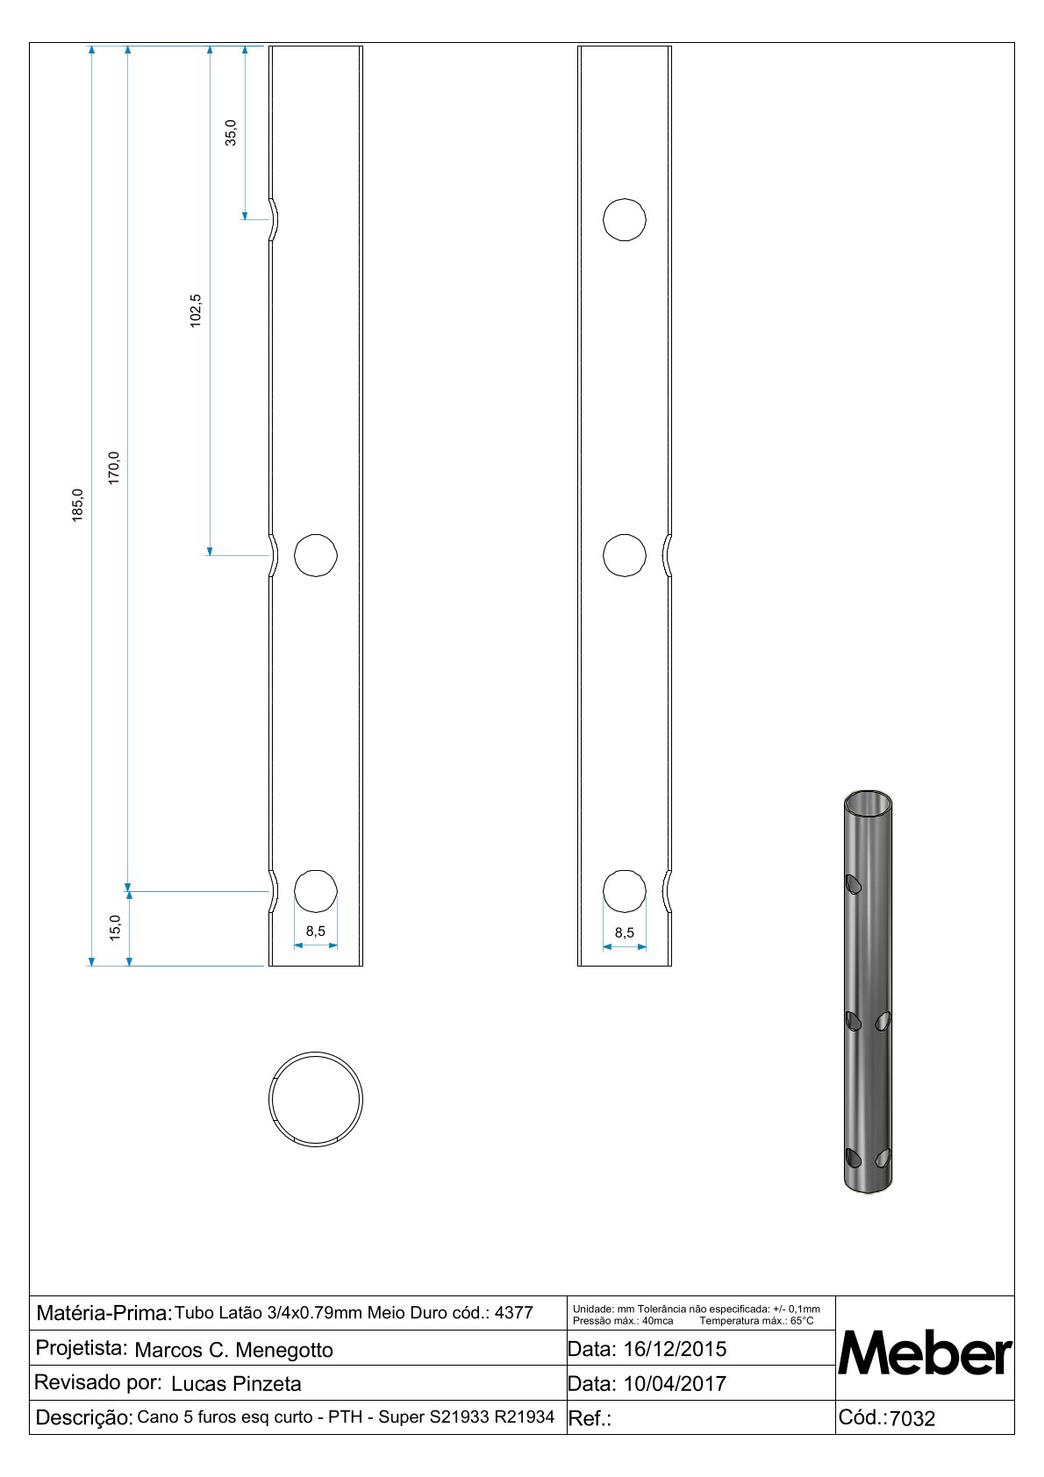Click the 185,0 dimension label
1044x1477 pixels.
[x=78, y=505]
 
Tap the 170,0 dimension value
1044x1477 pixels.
[x=114, y=468]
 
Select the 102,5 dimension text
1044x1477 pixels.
[x=196, y=310]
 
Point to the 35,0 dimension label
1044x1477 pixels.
[x=231, y=132]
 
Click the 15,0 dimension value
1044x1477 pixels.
[x=116, y=928]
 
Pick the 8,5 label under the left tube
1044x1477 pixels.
[x=315, y=931]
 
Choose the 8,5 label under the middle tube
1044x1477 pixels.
[x=625, y=932]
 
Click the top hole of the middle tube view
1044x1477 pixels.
[x=625, y=219]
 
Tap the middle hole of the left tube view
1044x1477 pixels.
[x=316, y=556]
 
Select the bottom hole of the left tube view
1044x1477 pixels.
[x=316, y=891]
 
